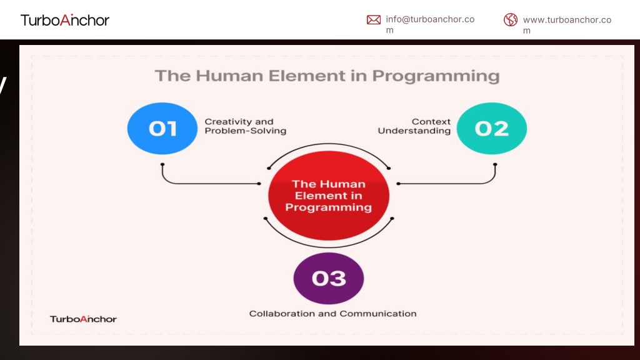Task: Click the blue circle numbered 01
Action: pyautogui.click(x=162, y=128)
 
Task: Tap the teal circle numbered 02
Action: pyautogui.click(x=491, y=128)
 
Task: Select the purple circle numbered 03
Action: pyautogui.click(x=329, y=278)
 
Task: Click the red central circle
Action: pyautogui.click(x=329, y=196)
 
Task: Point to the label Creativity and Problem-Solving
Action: pyautogui.click(x=245, y=126)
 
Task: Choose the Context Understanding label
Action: pyautogui.click(x=414, y=126)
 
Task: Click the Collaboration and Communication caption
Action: pyautogui.click(x=332, y=314)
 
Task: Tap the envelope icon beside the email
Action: pyautogui.click(x=374, y=19)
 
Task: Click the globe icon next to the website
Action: pyautogui.click(x=510, y=19)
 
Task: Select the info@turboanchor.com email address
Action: pyautogui.click(x=430, y=24)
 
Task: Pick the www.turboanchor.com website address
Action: pyautogui.click(x=567, y=25)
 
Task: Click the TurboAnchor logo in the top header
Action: pyautogui.click(x=65, y=20)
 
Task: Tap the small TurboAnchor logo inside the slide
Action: pyautogui.click(x=83, y=319)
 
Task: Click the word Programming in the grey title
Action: pyautogui.click(x=436, y=76)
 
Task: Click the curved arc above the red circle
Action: pyautogui.click(x=329, y=144)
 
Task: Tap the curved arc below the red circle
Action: pyautogui.click(x=329, y=247)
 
